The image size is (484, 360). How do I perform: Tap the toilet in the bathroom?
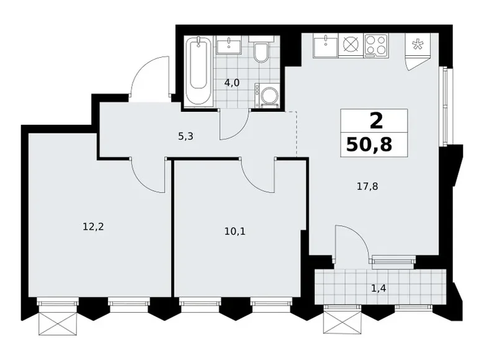(261, 50)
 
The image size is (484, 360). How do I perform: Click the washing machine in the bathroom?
(267, 96)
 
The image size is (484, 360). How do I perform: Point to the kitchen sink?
(326, 45)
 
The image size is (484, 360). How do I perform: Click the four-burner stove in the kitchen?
(375, 45)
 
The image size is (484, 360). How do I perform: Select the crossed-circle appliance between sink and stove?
(351, 45)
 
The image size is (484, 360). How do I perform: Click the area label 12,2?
(93, 227)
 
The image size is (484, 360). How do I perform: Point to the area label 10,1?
(235, 231)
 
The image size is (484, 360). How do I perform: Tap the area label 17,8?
(367, 186)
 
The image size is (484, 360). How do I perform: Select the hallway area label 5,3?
(186, 136)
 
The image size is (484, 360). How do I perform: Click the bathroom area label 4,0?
(232, 83)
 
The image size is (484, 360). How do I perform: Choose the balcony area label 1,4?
(379, 289)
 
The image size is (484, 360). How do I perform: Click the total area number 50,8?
(369, 145)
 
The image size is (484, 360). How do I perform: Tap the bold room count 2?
(376, 120)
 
